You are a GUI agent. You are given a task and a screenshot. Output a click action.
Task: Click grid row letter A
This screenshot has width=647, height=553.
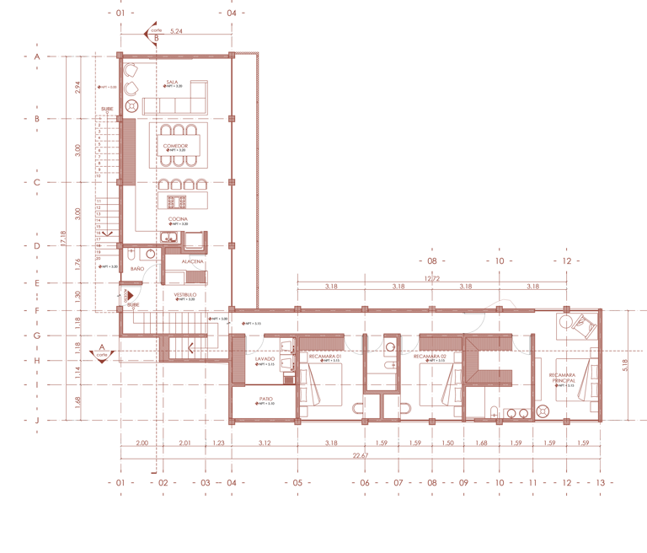(37, 56)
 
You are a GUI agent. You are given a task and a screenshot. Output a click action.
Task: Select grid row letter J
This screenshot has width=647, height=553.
(37, 419)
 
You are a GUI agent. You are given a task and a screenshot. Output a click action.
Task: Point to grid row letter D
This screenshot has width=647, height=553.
(37, 246)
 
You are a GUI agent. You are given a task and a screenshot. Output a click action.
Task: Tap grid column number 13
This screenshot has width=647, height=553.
(599, 483)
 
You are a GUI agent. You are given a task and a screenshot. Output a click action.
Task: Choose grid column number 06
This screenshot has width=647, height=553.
(364, 483)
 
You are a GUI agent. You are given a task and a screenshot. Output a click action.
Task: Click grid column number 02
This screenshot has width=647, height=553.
(163, 483)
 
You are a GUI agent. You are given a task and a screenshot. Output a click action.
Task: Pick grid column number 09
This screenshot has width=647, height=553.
(463, 483)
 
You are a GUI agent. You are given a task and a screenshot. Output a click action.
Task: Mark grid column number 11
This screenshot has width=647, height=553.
(532, 483)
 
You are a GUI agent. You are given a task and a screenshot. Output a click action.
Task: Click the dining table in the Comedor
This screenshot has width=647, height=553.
(178, 145)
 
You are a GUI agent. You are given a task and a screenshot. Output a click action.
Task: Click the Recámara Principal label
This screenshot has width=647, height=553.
(564, 384)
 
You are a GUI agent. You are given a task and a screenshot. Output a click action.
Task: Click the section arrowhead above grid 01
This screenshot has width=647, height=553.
(152, 34)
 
